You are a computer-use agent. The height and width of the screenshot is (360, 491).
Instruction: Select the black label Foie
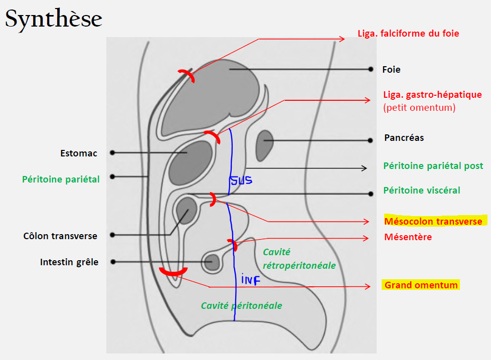(391, 70)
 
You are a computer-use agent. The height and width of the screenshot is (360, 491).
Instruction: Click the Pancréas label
(404, 137)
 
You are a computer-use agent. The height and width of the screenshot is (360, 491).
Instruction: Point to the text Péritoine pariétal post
(433, 165)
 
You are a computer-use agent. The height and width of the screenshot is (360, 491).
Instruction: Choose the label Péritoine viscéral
(421, 191)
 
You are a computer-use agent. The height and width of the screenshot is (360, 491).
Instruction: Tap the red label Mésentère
(408, 237)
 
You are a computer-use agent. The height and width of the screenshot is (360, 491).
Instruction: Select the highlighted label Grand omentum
(421, 285)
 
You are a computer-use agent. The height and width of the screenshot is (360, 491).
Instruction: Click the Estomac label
(79, 153)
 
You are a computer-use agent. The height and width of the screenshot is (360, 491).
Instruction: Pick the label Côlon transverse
(60, 236)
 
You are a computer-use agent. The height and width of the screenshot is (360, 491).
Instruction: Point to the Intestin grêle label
(69, 262)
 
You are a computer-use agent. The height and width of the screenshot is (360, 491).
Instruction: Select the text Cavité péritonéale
(241, 305)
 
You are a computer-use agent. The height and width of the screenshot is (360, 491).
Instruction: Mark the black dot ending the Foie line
(371, 69)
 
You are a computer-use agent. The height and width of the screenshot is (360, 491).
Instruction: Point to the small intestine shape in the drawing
(211, 262)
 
